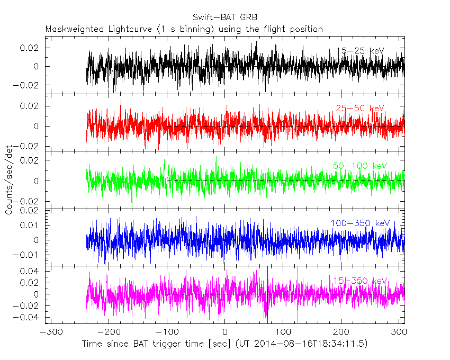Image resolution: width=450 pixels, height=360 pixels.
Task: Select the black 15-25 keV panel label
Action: pos(360,51)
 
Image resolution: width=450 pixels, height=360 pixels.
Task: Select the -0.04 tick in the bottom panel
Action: pos(29,318)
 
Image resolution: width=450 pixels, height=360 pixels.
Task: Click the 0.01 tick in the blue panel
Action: pos(31,225)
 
